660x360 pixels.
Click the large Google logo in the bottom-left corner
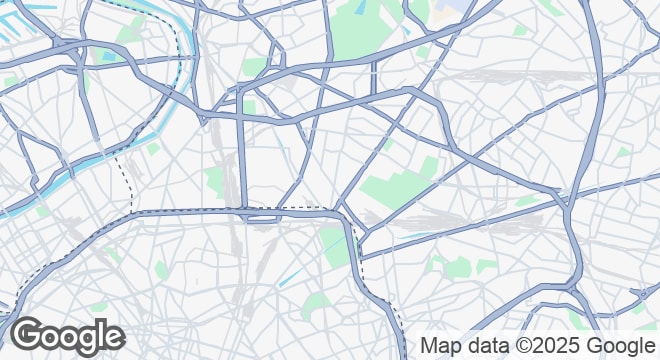[68, 335]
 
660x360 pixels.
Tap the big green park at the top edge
[365, 25]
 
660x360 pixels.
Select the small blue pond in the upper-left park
[108, 56]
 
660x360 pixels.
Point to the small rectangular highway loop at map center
[262, 215]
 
